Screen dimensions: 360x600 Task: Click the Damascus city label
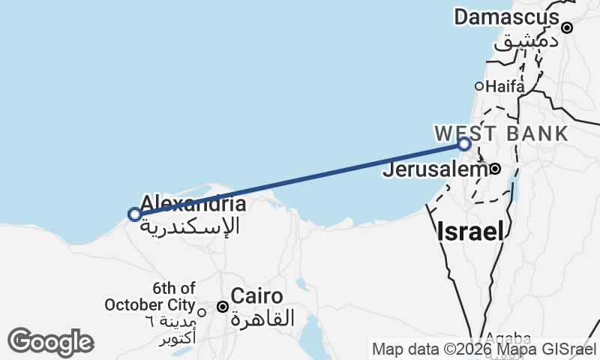tap(506, 17)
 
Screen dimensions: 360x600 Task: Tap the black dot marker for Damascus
tap(567, 28)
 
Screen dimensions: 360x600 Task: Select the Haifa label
tap(505, 86)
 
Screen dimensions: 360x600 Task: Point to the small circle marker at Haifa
tap(479, 86)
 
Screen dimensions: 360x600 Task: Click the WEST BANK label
tap(502, 133)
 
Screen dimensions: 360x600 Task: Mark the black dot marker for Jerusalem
tap(495, 169)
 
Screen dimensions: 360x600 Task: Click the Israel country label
tap(471, 231)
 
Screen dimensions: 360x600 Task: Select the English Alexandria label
tap(193, 203)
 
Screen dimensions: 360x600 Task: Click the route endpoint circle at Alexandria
tap(134, 214)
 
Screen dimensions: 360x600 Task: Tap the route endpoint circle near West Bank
tap(464, 144)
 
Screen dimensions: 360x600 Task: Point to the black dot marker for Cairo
tap(223, 307)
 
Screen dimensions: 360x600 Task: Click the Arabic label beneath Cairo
tap(262, 318)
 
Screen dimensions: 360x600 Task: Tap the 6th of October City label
tap(149, 297)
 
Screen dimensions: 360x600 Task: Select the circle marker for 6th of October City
tap(201, 312)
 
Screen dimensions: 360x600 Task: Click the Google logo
tap(50, 342)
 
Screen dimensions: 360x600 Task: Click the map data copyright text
tap(484, 349)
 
